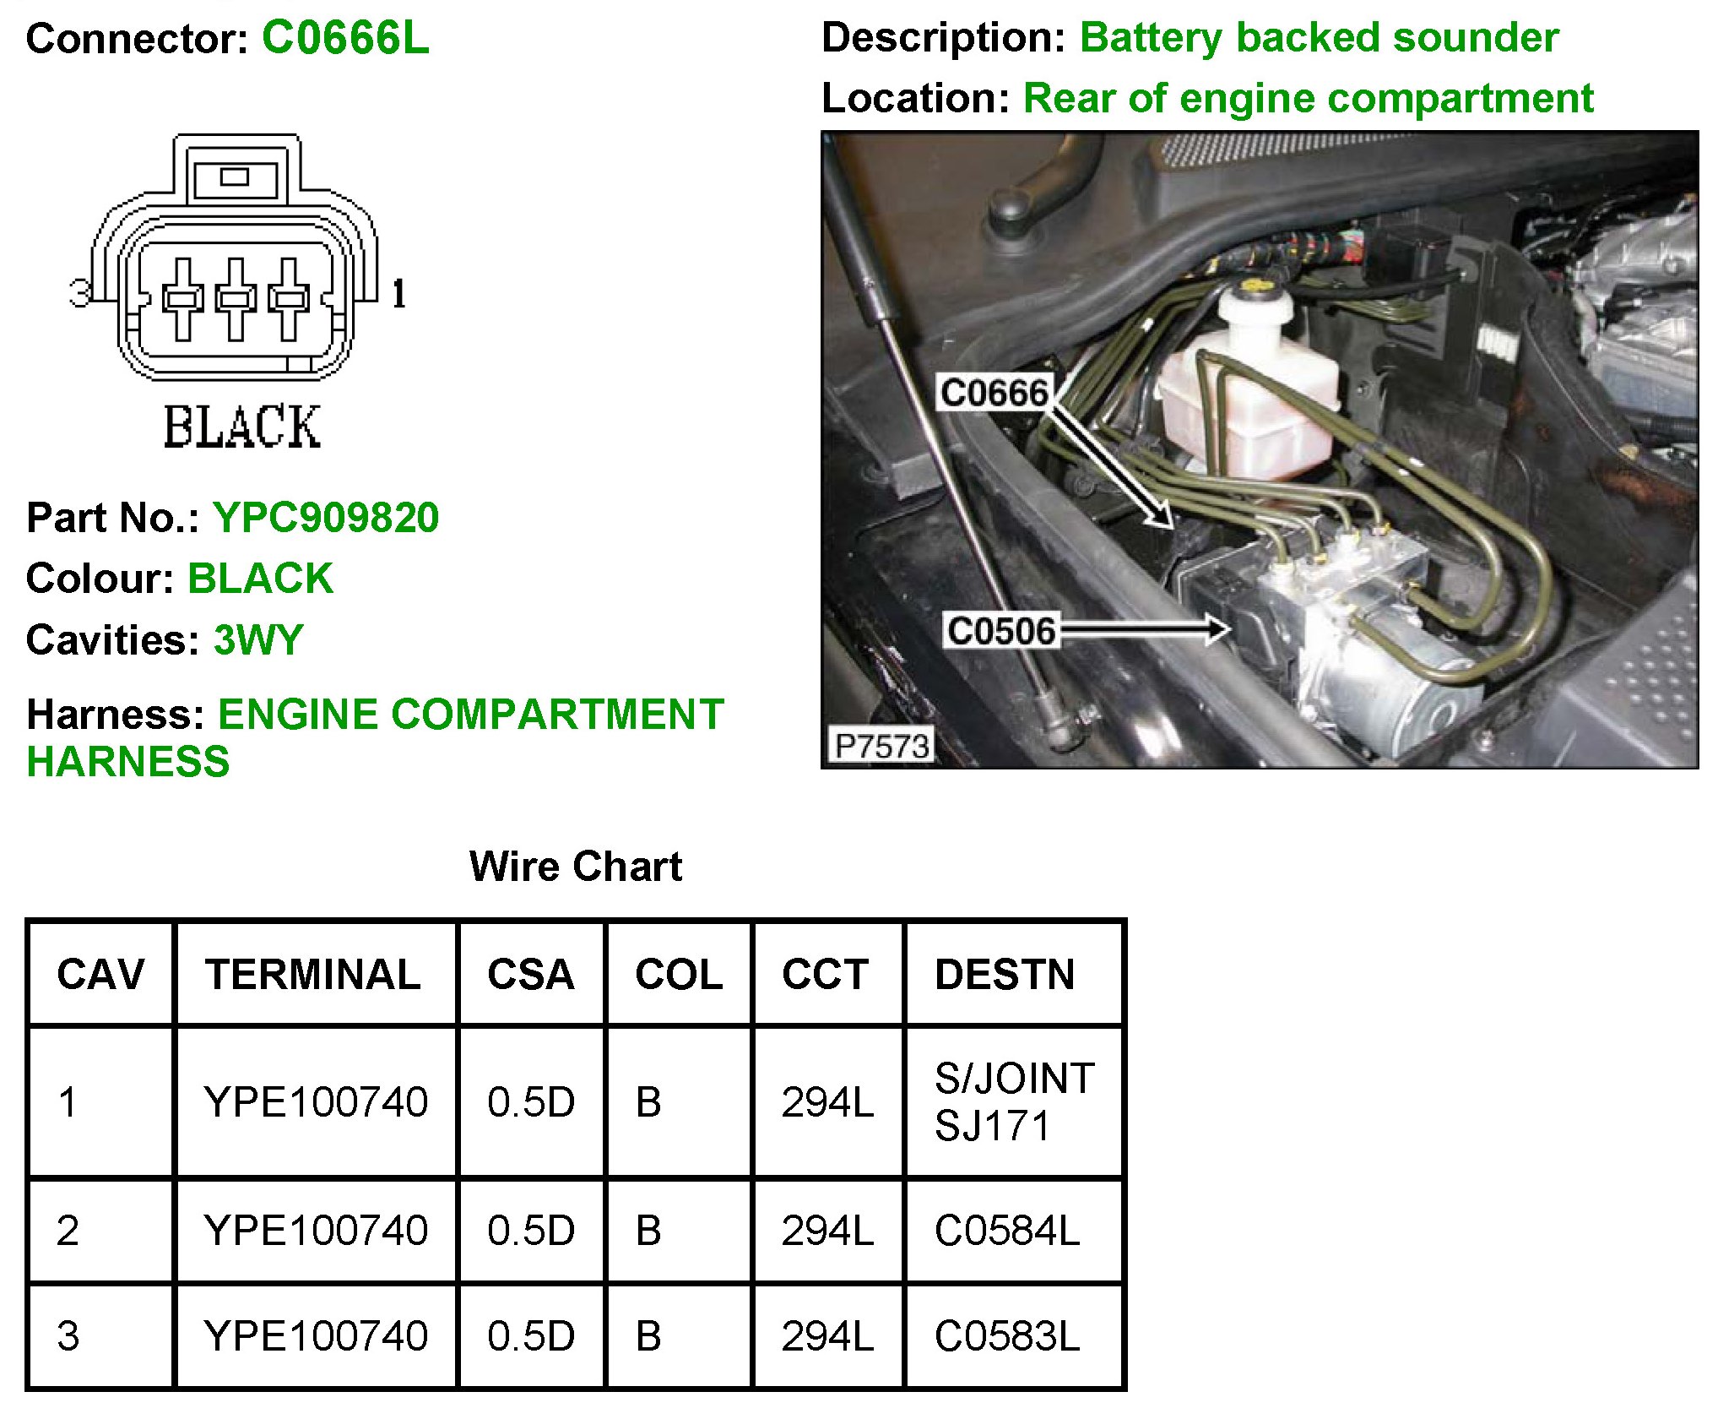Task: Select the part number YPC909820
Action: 326,517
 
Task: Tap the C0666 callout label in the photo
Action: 994,394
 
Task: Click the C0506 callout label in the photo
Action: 1000,631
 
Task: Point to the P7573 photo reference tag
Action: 880,746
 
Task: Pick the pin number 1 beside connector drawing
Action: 399,294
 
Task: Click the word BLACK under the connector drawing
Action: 241,427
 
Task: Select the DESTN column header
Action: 1005,974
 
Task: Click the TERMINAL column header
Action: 313,974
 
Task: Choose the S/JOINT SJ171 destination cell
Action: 1014,1101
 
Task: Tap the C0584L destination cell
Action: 1006,1230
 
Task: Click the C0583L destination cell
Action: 1006,1335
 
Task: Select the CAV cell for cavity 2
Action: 68,1230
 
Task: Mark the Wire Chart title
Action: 576,866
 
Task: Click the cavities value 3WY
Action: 258,639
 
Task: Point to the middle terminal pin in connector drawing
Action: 236,299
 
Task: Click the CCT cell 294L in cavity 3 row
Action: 827,1335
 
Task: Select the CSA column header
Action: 530,974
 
